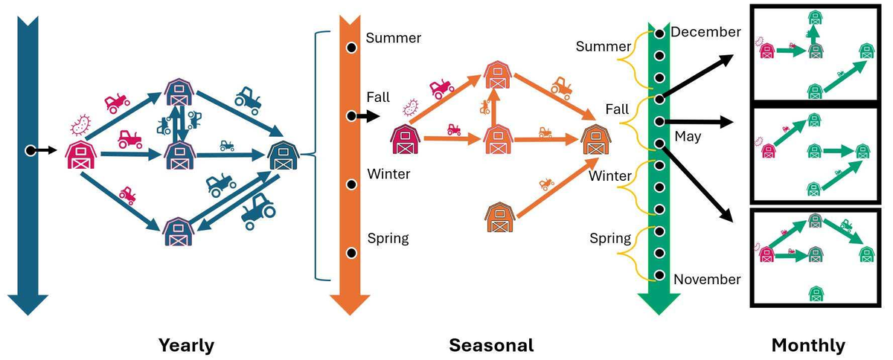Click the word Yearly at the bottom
[x=186, y=346]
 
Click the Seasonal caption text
[x=491, y=345]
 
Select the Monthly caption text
[x=808, y=346]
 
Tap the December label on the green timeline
[x=705, y=32]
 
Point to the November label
[x=707, y=280]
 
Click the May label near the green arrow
[x=688, y=137]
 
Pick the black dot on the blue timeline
[x=31, y=151]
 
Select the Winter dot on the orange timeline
[x=351, y=184]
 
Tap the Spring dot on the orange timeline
[x=351, y=253]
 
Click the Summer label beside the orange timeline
[x=394, y=38]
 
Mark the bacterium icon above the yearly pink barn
[x=80, y=125]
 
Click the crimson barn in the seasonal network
[x=405, y=139]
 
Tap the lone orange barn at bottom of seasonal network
[x=499, y=217]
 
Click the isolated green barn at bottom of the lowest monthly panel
[x=816, y=293]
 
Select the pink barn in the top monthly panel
[x=767, y=51]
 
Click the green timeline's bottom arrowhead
[x=659, y=304]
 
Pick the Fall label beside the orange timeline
[x=378, y=97]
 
